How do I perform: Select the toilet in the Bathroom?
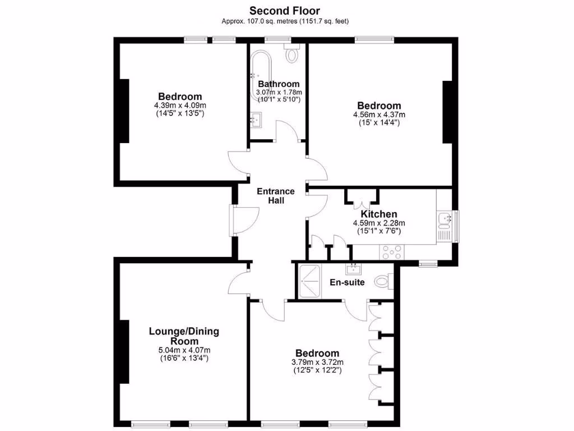point(291,54)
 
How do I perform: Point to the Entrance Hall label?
point(275,196)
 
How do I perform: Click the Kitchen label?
point(378,214)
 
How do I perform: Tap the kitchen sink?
point(445,219)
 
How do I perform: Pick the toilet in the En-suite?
point(382,281)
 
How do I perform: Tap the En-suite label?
point(348,282)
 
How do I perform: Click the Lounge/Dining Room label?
point(184,336)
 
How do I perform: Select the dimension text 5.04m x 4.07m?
point(184,350)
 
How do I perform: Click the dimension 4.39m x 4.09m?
point(180,106)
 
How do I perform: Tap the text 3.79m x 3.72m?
point(317,362)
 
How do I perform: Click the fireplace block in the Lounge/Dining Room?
point(124,352)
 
